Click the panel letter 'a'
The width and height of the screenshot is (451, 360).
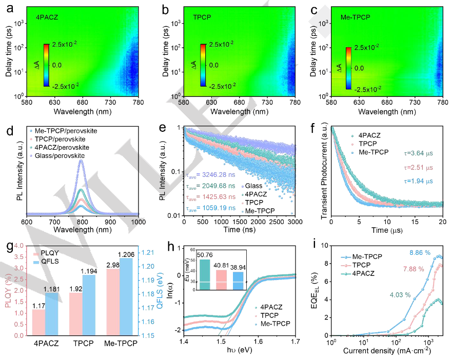pyautogui.click(x=9, y=9)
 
